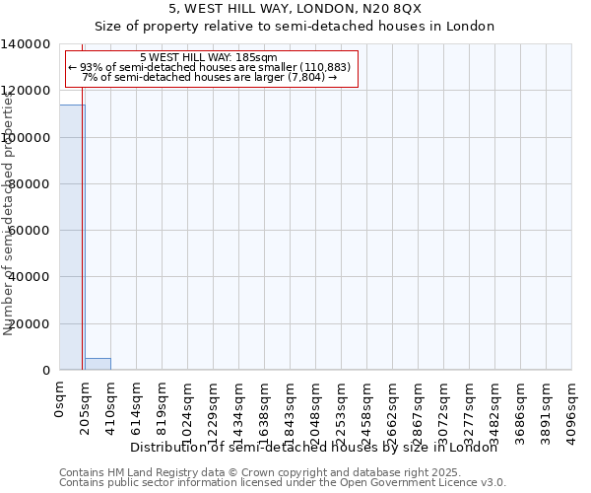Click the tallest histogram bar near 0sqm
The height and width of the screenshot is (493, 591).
(x=72, y=237)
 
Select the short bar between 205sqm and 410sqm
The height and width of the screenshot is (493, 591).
(x=98, y=364)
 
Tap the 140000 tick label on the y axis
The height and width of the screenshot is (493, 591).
(x=27, y=44)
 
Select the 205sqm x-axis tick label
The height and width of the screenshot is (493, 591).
(x=86, y=408)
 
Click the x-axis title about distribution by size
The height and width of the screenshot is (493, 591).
(x=314, y=448)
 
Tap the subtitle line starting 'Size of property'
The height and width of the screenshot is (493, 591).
(x=295, y=27)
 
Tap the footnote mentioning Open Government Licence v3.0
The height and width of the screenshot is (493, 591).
(x=282, y=483)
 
